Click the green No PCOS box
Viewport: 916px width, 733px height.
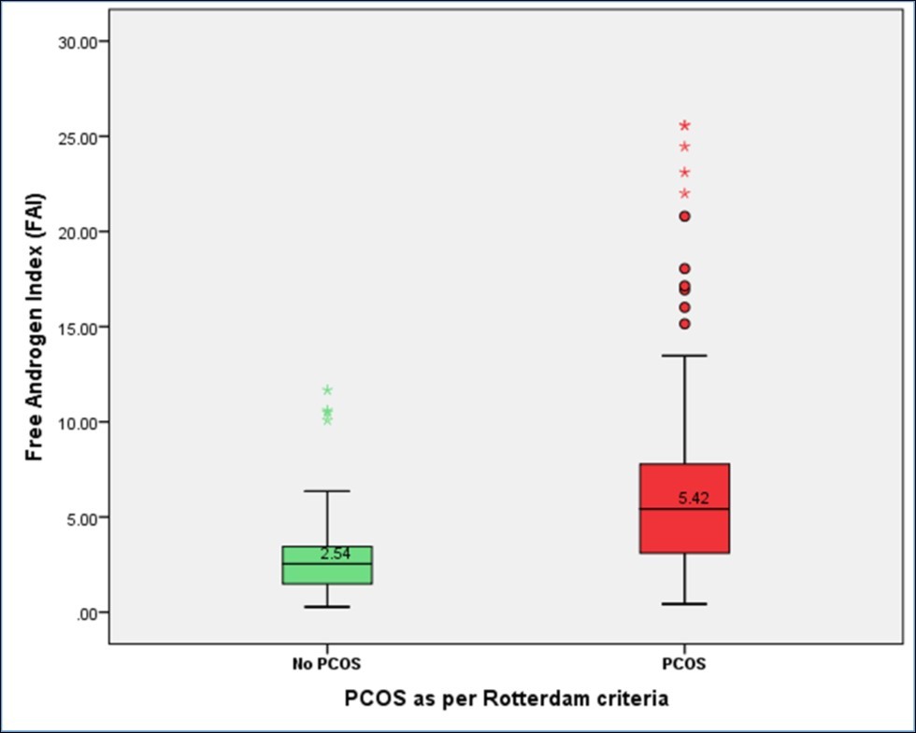click(327, 566)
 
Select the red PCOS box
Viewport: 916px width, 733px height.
click(684, 509)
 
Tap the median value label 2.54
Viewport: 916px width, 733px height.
click(335, 554)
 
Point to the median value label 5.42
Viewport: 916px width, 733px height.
click(694, 499)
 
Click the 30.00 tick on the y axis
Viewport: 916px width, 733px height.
click(79, 42)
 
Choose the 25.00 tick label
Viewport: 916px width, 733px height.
click(79, 137)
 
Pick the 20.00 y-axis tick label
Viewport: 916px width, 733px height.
click(79, 233)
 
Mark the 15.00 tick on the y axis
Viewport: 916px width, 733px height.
click(79, 328)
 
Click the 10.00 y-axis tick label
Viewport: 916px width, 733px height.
click(79, 423)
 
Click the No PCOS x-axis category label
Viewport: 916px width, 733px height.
click(324, 666)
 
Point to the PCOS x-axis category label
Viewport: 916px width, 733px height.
click(684, 666)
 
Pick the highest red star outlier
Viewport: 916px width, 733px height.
click(684, 125)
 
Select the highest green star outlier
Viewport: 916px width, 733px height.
click(327, 390)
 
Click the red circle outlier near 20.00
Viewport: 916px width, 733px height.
click(684, 216)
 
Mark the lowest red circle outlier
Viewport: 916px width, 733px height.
click(684, 324)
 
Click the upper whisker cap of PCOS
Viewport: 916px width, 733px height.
click(684, 356)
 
